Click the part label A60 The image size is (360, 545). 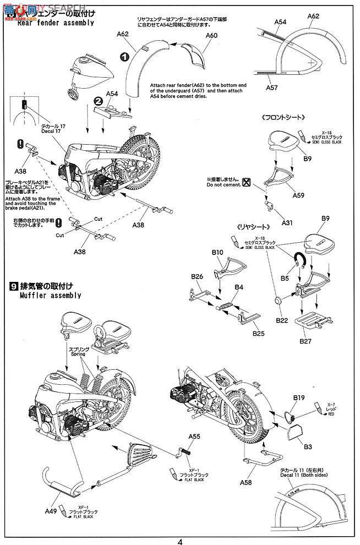[x=212, y=35]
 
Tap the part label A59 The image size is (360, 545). [x=298, y=194]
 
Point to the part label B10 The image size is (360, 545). [x=217, y=252]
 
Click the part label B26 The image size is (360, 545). [x=198, y=276]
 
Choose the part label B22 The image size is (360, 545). [x=283, y=320]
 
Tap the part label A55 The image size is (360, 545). [x=194, y=436]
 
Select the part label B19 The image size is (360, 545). [x=299, y=397]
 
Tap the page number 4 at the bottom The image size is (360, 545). [x=179, y=540]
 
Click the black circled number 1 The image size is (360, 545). [x=125, y=57]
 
